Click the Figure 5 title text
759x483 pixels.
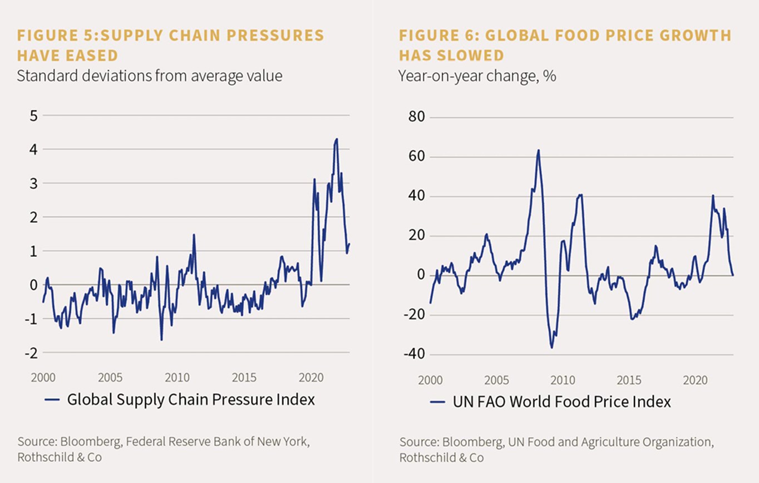tap(170, 45)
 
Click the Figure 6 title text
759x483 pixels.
tap(565, 45)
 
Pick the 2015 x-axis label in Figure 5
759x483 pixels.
tap(244, 378)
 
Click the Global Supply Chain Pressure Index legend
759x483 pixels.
tap(191, 399)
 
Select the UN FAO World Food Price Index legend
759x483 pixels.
tap(563, 401)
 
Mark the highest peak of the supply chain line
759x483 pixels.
tap(337, 139)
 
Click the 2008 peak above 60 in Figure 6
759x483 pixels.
tap(538, 150)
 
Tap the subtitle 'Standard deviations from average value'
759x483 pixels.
tap(150, 75)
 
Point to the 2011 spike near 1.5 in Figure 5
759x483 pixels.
tap(194, 235)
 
